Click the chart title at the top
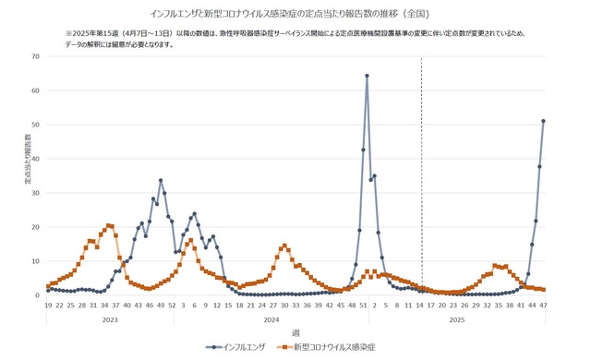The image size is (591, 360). (x=295, y=14)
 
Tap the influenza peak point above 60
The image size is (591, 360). (x=367, y=76)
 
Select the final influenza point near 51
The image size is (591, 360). (x=543, y=121)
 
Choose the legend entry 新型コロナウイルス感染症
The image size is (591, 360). (x=333, y=347)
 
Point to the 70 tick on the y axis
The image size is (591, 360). (x=36, y=56)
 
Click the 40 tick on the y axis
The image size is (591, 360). (x=36, y=159)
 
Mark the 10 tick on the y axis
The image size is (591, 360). (x=36, y=261)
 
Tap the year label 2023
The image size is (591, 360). (x=110, y=318)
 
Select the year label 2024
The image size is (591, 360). (x=271, y=318)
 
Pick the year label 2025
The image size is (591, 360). (x=457, y=318)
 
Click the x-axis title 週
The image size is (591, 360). (x=295, y=331)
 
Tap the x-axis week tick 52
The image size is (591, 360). (x=172, y=305)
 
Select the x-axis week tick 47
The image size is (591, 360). (x=543, y=305)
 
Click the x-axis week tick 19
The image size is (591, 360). (x=48, y=305)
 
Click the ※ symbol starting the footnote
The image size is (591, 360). (x=68, y=33)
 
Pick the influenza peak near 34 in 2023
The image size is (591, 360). (x=161, y=180)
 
